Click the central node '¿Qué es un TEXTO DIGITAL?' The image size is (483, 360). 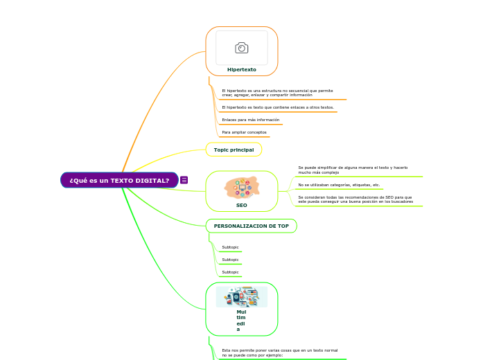119,180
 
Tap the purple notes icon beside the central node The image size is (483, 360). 184,180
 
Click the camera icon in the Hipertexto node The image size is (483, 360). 241,48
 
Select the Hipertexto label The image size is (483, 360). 241,70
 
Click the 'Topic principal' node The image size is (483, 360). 234,150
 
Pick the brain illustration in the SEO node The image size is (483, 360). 241,187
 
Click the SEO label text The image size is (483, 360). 241,206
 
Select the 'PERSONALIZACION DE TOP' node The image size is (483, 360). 251,226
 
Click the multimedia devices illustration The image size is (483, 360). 241,297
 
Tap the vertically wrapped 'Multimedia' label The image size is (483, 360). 241,321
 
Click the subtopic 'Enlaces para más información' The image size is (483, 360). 250,120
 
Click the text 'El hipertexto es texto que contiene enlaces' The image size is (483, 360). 277,107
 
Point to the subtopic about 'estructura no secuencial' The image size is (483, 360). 277,93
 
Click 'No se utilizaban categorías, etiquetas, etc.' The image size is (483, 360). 339,185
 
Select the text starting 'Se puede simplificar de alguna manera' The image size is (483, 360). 353,170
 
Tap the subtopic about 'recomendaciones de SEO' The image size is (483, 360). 355,199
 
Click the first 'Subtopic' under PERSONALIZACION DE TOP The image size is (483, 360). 230,247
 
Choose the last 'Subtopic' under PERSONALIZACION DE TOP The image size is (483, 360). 230,272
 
